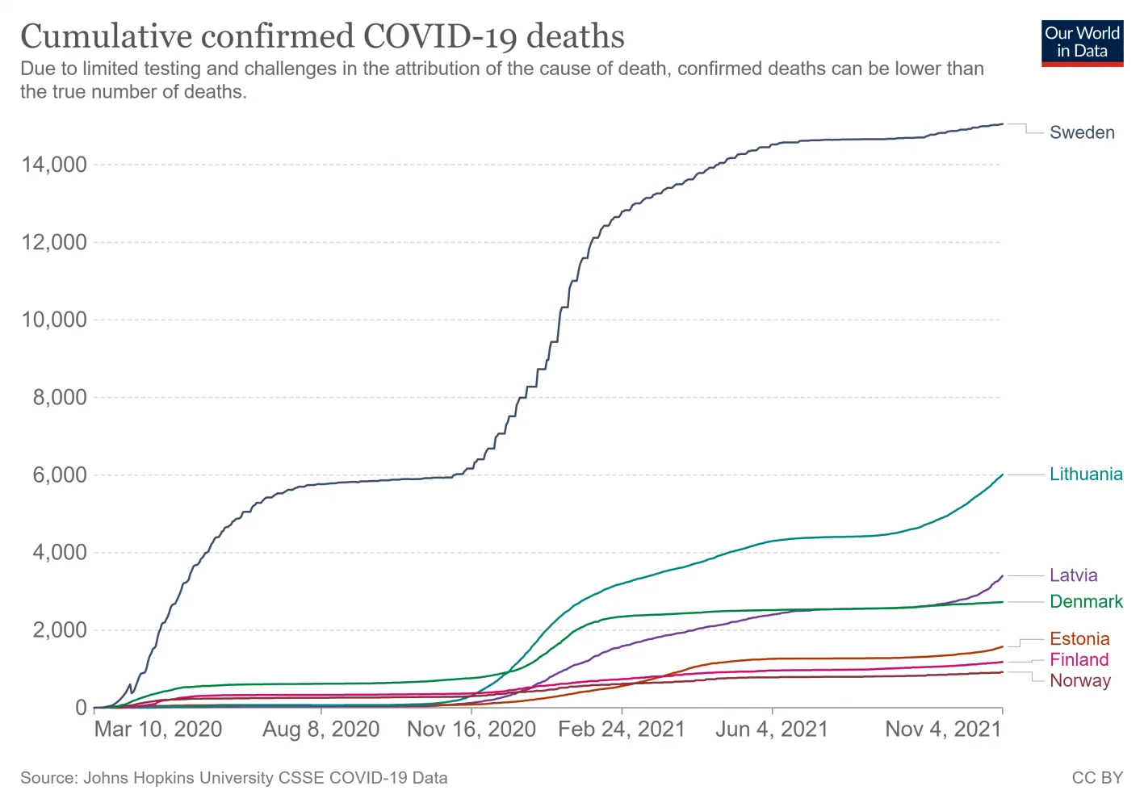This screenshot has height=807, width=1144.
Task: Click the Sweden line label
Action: click(1081, 133)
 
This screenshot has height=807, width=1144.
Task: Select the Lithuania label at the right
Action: click(1085, 475)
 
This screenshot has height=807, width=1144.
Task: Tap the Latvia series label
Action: click(1073, 575)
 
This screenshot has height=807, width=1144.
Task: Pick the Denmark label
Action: click(1086, 602)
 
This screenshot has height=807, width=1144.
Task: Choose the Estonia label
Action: click(1079, 639)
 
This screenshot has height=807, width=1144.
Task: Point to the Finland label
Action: click(1079, 660)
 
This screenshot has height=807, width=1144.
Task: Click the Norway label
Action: click(1079, 681)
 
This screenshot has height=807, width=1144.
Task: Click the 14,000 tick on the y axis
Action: click(54, 165)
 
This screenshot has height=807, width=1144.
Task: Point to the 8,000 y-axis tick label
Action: click(59, 398)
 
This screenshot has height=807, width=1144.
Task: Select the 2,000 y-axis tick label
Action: click(59, 630)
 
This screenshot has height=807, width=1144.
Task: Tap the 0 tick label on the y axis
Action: click(81, 708)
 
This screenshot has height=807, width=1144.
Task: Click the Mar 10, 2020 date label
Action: click(158, 730)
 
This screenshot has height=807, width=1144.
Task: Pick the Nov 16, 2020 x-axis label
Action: click(471, 730)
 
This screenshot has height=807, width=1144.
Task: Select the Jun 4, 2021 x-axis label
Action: click(772, 730)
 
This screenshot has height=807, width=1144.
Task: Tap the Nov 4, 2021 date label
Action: click(943, 730)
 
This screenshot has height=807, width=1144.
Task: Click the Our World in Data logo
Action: click(1082, 43)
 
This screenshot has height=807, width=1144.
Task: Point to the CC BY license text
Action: click(1097, 778)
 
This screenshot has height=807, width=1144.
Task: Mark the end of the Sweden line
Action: click(1002, 124)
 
